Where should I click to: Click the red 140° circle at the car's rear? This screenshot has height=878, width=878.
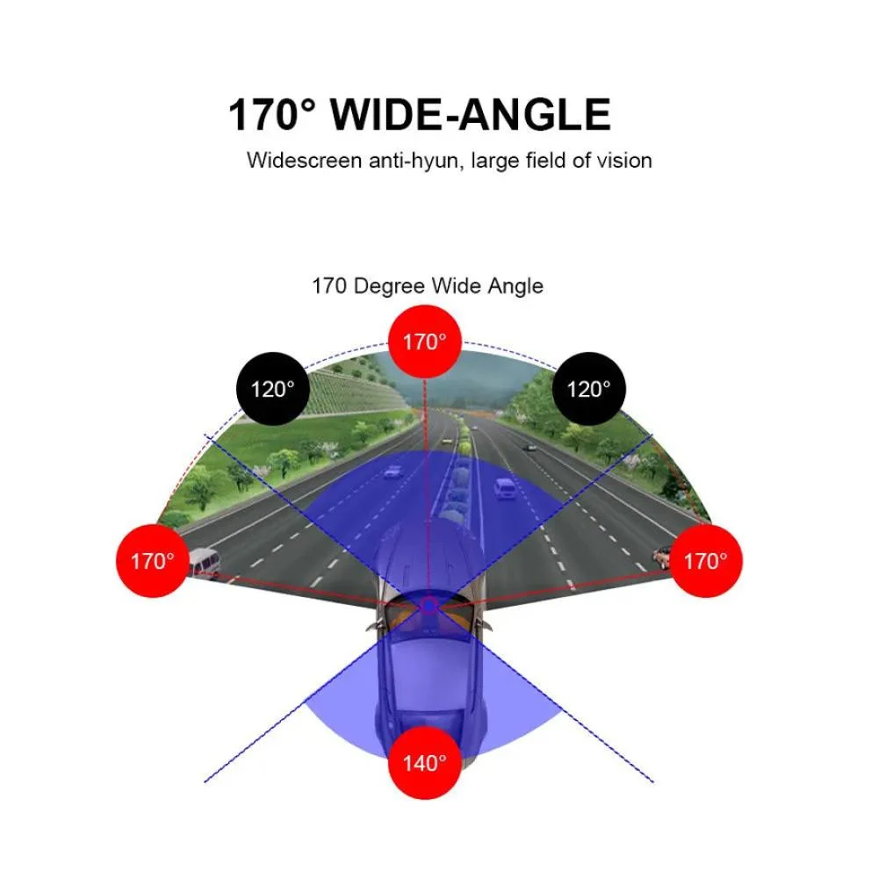(x=424, y=763)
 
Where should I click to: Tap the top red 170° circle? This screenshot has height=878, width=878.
(x=424, y=342)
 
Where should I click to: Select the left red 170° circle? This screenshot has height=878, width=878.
(x=152, y=560)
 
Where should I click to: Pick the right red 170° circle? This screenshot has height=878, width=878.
(x=706, y=560)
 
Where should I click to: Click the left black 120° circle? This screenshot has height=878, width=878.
(x=273, y=389)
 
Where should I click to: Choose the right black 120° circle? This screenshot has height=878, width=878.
(x=588, y=389)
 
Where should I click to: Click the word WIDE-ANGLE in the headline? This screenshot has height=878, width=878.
(x=471, y=115)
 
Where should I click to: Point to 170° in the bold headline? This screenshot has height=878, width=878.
(x=272, y=115)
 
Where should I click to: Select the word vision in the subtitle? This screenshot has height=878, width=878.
(x=623, y=161)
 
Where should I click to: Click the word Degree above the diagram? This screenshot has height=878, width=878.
(x=389, y=287)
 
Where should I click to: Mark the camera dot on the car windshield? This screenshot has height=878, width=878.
(x=429, y=605)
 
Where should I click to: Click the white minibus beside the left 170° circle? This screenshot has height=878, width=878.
(x=204, y=561)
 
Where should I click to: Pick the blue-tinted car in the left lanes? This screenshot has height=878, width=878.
(x=393, y=471)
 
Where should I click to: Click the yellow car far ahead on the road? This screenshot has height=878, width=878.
(x=446, y=441)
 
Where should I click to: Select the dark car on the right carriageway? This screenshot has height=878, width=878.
(x=529, y=448)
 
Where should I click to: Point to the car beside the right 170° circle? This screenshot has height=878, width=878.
(x=662, y=557)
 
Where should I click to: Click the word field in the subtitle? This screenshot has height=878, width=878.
(x=546, y=161)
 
